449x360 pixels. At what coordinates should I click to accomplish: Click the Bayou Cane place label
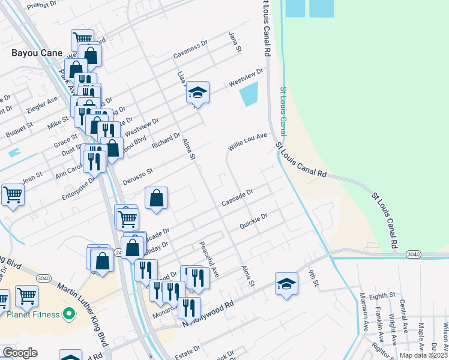(x=37, y=53)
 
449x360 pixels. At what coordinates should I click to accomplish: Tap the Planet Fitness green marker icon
(x=69, y=314)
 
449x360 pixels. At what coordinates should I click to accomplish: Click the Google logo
(x=20, y=353)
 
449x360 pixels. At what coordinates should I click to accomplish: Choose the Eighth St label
(x=382, y=295)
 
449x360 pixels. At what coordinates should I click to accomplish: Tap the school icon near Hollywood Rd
(x=287, y=283)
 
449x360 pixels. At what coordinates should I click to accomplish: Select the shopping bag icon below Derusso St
(x=156, y=197)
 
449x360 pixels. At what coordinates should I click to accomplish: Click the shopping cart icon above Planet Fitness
(x=26, y=295)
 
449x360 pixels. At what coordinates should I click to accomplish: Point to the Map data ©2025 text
(x=424, y=355)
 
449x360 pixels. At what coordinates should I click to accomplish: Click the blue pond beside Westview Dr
(x=249, y=94)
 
